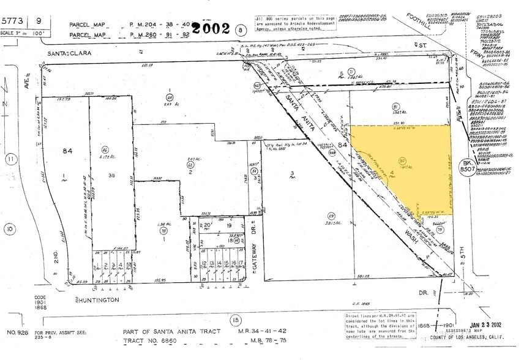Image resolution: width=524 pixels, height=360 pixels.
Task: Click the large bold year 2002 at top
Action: click(211, 28)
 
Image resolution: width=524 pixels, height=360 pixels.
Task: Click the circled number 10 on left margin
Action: click(10, 229)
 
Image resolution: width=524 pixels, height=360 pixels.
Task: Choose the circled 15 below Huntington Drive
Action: click(235, 319)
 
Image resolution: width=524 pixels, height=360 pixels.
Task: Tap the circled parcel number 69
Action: click(332, 216)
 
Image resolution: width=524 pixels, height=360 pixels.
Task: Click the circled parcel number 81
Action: click(395, 107)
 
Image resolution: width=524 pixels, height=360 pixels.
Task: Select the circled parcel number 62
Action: click(190, 165)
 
